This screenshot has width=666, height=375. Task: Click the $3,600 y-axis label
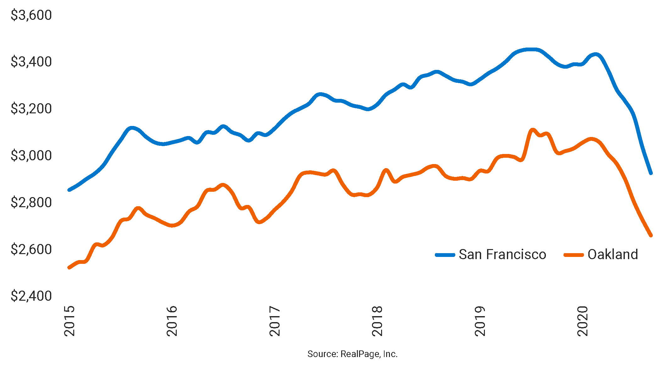pos(31,15)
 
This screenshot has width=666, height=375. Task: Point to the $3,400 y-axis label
pos(31,62)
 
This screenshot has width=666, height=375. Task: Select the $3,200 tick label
pos(31,109)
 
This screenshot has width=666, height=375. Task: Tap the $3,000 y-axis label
pos(31,156)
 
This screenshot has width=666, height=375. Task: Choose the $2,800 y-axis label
pos(31,202)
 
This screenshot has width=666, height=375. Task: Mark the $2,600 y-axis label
pos(31,249)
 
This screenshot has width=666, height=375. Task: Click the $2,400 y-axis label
pos(31,296)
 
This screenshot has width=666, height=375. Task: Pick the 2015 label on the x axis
pos(69,321)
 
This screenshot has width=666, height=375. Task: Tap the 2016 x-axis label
pos(172,321)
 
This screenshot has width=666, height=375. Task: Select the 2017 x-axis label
pos(275,321)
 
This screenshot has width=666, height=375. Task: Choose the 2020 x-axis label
pos(583,321)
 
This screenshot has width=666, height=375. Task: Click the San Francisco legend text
pos(502,254)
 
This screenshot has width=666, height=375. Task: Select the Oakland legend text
pos(613,254)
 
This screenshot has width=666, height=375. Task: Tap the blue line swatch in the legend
pos(445,255)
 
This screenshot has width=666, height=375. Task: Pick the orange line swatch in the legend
pos(574,255)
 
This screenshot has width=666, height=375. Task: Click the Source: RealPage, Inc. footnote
pos(352,354)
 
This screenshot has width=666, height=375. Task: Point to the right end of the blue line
pos(651,173)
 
